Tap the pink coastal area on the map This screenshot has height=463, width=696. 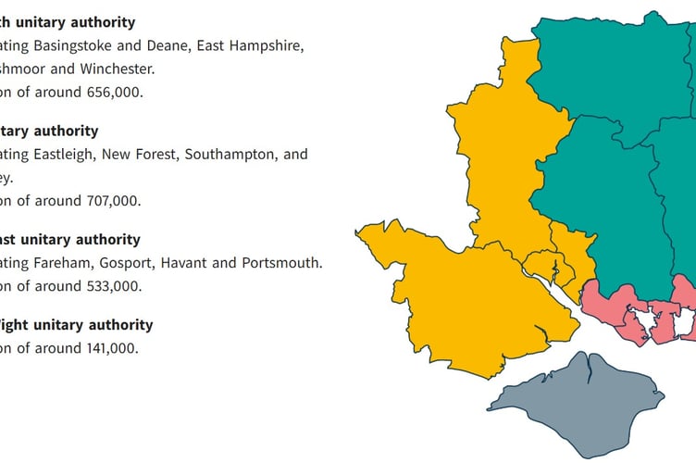click(606, 301)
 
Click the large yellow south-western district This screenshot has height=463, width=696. click(444, 296)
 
